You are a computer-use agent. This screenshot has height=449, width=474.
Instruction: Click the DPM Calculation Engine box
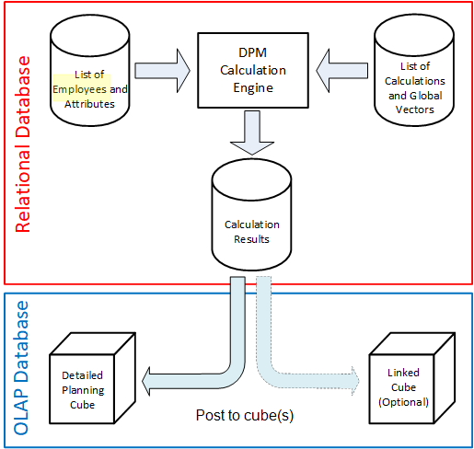click(x=253, y=70)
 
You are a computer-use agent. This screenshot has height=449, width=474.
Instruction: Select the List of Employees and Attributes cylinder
click(x=90, y=70)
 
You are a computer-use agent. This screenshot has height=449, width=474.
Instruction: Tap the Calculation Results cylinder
click(x=251, y=214)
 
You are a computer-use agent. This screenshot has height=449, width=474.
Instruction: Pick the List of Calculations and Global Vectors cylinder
click(x=414, y=70)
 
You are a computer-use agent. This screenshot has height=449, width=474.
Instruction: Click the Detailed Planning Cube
click(x=92, y=378)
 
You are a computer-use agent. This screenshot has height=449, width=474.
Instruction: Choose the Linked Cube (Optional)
click(x=412, y=378)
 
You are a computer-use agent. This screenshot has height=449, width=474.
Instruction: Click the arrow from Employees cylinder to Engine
click(x=163, y=71)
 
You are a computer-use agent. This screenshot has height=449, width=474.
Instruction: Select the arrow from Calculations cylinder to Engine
click(x=342, y=71)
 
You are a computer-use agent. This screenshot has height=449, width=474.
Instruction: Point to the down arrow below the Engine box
click(x=252, y=132)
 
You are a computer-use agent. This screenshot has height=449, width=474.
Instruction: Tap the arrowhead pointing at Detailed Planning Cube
click(x=146, y=381)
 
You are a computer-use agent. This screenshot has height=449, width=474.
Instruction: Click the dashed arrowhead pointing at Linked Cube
click(x=355, y=381)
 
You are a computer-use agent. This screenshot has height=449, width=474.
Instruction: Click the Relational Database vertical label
click(x=23, y=144)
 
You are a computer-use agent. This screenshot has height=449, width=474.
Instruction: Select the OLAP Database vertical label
click(x=21, y=368)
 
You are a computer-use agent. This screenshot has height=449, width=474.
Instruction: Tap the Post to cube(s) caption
click(x=245, y=416)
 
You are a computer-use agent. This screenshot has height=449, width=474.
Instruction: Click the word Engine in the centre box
click(x=253, y=88)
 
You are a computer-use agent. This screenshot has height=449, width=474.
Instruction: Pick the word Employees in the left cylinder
click(x=79, y=89)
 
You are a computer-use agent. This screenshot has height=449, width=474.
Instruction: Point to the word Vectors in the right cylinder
click(x=415, y=109)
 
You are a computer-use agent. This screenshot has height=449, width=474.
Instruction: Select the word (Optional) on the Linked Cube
click(x=403, y=402)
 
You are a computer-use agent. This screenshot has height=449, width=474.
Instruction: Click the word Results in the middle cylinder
click(x=251, y=239)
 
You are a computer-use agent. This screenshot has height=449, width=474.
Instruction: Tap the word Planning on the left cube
click(x=83, y=390)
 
